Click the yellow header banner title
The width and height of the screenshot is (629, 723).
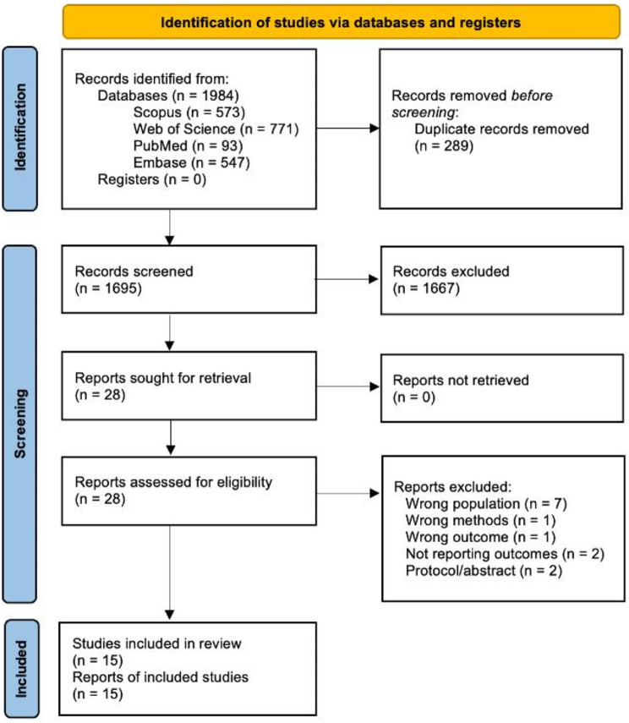341,22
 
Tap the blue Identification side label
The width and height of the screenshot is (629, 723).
19,129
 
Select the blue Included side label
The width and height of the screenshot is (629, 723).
21,668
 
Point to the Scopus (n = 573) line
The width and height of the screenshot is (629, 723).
189,112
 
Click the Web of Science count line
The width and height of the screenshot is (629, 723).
216,129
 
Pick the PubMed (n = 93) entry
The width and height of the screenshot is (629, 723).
189,145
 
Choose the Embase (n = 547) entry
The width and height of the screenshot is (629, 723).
191,162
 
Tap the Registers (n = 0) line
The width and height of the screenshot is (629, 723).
151,179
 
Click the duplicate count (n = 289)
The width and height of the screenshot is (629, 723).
444,145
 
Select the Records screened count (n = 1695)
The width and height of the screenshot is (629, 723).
108,288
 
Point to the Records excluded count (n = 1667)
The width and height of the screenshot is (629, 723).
426,288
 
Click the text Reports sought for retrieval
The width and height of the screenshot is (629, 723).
163,378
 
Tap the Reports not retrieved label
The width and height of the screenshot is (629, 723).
461,380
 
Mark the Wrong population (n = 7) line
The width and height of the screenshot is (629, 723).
486,503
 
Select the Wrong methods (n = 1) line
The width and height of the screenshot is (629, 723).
480,520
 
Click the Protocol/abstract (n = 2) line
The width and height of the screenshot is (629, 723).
484,571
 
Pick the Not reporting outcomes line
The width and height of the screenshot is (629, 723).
505,554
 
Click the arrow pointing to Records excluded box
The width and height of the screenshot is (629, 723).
347,279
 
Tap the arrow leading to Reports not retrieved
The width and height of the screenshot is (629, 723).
348,386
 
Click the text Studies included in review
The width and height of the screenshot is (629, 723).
156,644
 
